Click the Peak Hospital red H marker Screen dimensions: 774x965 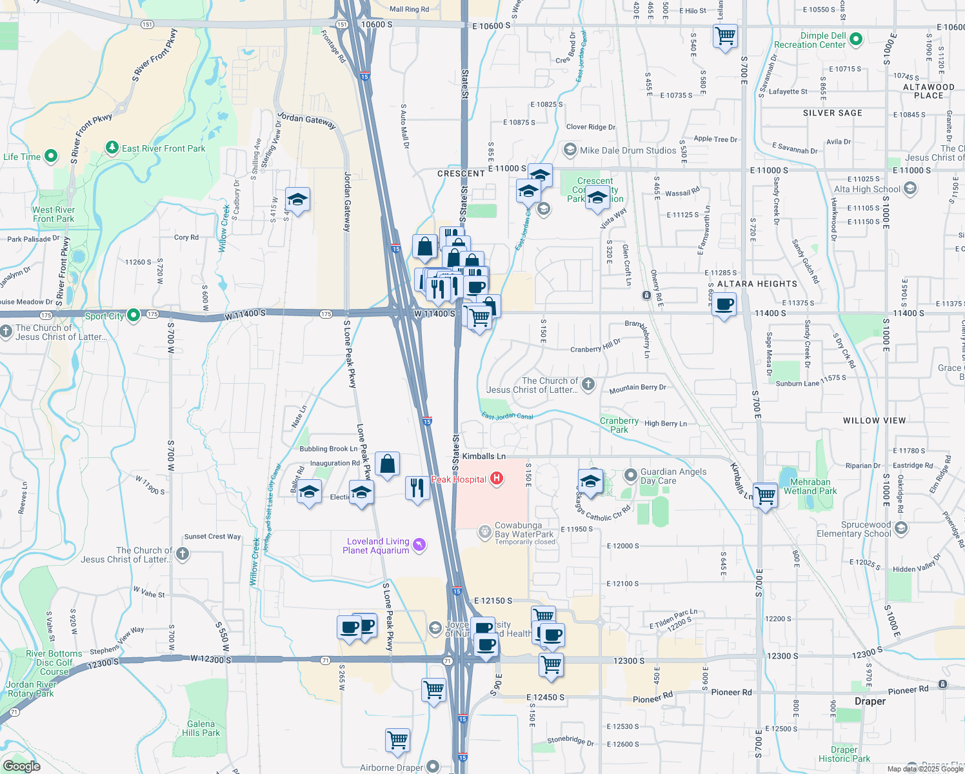tap(497, 479)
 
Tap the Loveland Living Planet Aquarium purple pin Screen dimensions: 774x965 tap(420, 546)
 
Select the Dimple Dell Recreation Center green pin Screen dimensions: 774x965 tap(856, 40)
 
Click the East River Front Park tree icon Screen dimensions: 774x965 tap(113, 148)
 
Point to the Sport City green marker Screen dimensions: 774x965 tap(134, 315)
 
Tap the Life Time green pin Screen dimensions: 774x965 tap(51, 156)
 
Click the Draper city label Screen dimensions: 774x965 tap(870, 701)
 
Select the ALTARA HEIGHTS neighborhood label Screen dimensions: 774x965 tap(757, 284)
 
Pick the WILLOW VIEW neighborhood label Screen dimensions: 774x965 tap(874, 421)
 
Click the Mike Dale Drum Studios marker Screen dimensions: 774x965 tap(570, 150)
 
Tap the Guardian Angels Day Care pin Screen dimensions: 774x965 tap(631, 476)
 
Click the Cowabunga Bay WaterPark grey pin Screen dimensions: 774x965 tap(484, 532)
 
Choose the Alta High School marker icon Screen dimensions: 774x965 tap(910, 188)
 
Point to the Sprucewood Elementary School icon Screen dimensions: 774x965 tap(901, 528)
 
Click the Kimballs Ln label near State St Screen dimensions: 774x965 tap(484, 456)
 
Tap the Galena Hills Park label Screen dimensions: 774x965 tap(201, 728)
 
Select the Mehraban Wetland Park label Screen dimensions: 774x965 tap(810, 486)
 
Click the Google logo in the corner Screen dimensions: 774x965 tap(22, 766)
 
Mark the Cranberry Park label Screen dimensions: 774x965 tap(619, 425)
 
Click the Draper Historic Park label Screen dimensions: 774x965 tap(844, 754)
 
